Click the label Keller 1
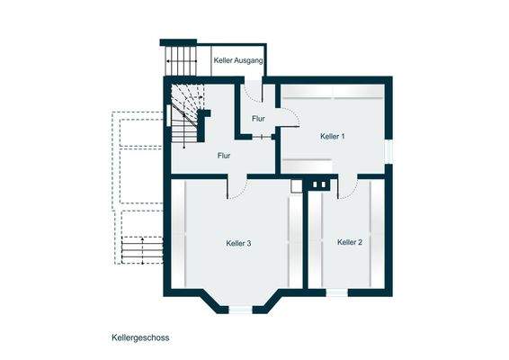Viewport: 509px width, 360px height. tap(332, 137)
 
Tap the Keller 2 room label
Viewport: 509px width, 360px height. tap(350, 242)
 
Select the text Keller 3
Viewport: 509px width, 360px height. tap(238, 243)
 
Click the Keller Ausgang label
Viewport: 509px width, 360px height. tap(238, 61)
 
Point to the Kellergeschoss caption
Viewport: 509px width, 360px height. tap(140, 339)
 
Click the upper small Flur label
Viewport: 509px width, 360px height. tap(258, 119)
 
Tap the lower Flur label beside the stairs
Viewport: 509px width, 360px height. tap(224, 156)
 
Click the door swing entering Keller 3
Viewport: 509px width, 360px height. tap(237, 186)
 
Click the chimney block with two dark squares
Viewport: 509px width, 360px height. tap(319, 184)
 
